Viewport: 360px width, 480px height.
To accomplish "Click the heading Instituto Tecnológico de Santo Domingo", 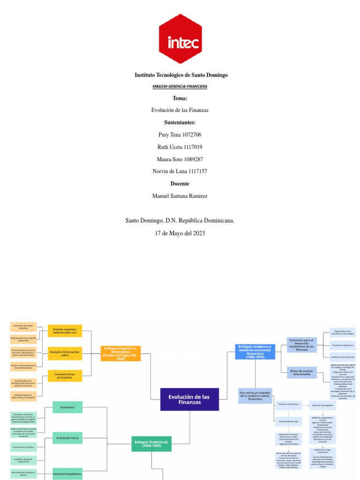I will pyautogui.click(x=181, y=75).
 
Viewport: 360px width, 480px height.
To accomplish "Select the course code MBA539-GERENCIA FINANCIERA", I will pyautogui.click(x=180, y=87).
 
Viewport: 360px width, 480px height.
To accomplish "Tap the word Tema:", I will pyautogui.click(x=180, y=98).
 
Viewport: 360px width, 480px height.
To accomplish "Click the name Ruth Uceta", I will pyautogui.click(x=168, y=147).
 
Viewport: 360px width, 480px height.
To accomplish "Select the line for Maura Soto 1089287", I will pyautogui.click(x=180, y=159).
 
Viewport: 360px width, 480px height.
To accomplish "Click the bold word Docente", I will pyautogui.click(x=180, y=184).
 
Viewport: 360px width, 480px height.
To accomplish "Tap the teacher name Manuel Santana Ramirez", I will pyautogui.click(x=180, y=196).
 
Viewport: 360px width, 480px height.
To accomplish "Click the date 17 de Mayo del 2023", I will pyautogui.click(x=180, y=233).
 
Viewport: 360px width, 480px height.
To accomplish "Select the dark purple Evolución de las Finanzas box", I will pyautogui.click(x=189, y=399).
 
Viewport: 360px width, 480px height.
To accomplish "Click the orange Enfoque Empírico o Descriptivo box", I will pyautogui.click(x=120, y=352).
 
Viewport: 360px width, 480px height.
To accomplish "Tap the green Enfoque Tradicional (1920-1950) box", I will pyautogui.click(x=150, y=443).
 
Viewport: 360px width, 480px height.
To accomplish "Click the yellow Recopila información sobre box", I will pyautogui.click(x=65, y=353).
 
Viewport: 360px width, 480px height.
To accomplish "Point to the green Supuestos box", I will pyautogui.click(x=67, y=407).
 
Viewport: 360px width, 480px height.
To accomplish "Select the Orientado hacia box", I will pyautogui.click(x=67, y=438).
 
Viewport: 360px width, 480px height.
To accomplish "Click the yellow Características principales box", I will pyautogui.click(x=65, y=375).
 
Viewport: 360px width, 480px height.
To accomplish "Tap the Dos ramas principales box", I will pyautogui.click(x=255, y=396).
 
